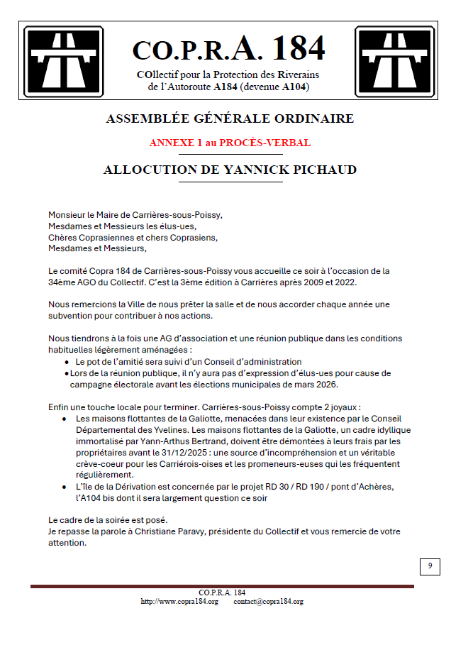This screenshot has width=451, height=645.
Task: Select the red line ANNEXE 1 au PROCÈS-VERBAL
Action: coord(230,143)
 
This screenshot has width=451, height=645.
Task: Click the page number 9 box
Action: coord(429,566)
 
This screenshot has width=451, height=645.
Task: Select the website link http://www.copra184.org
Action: coord(179,602)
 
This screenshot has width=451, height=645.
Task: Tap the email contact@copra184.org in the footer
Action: coord(268,602)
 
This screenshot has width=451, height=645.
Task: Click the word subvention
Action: coord(71,315)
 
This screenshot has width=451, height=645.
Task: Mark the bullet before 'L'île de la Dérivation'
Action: coord(65,487)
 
